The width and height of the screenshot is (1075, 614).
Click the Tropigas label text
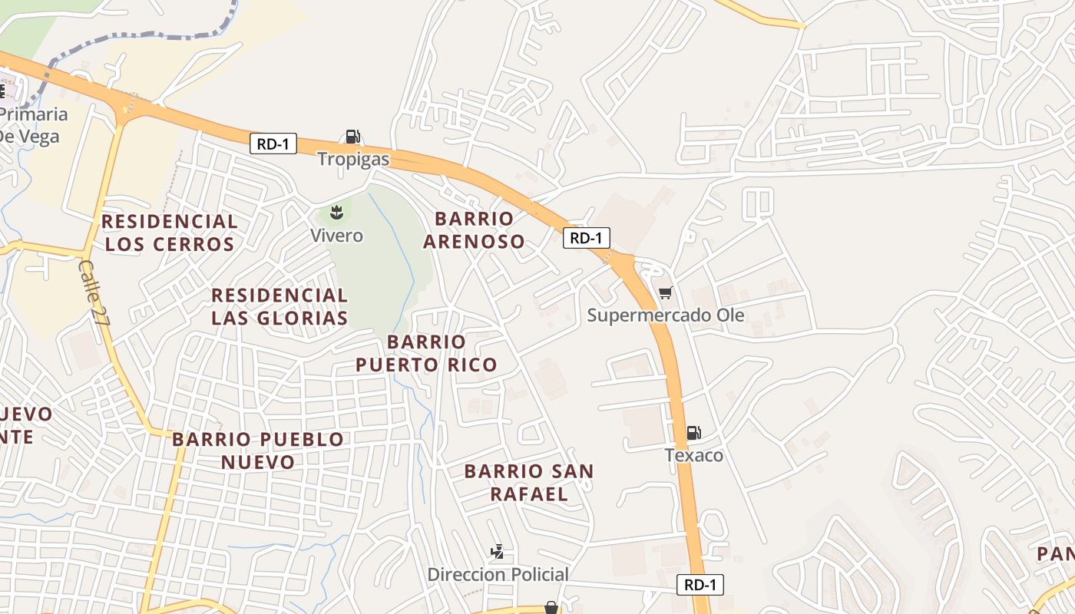pyautogui.click(x=354, y=160)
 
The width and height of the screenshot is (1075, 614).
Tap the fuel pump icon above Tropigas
pyautogui.click(x=352, y=137)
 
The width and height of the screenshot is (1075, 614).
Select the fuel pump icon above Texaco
pyautogui.click(x=693, y=433)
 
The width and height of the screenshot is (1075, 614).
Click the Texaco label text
pyautogui.click(x=694, y=455)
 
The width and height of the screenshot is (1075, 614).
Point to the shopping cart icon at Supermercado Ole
pyautogui.click(x=666, y=292)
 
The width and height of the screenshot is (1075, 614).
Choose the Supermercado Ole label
pyautogui.click(x=666, y=315)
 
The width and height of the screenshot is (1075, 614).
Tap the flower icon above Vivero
pyautogui.click(x=336, y=212)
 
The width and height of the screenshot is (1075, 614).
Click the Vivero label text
pyautogui.click(x=336, y=235)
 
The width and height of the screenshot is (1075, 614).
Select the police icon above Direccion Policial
pyautogui.click(x=498, y=551)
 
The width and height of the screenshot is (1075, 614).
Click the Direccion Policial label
pyautogui.click(x=498, y=574)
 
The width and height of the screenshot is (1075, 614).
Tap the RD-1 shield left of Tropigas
pyautogui.click(x=273, y=144)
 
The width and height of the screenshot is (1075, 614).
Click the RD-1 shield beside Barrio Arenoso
pyautogui.click(x=587, y=238)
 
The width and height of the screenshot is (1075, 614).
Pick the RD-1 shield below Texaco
pyautogui.click(x=700, y=585)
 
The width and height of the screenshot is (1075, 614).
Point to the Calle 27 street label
pyautogui.click(x=93, y=292)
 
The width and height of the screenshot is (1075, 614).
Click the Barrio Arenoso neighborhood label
pyautogui.click(x=474, y=229)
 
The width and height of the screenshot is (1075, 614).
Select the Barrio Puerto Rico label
pyautogui.click(x=426, y=353)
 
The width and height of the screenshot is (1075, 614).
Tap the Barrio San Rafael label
pyautogui.click(x=529, y=482)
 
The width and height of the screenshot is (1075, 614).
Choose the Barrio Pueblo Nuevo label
pyautogui.click(x=258, y=451)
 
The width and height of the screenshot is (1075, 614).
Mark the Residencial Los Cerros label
pyautogui.click(x=170, y=233)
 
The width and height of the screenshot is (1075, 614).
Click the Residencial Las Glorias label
pyautogui.click(x=279, y=306)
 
